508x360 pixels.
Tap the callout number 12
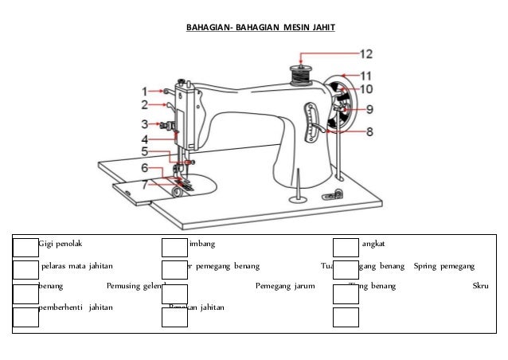(x=365, y=55)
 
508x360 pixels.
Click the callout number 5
(x=145, y=151)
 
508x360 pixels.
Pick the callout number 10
(x=366, y=89)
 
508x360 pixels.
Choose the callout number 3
(x=145, y=123)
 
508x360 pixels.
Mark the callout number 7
(x=145, y=184)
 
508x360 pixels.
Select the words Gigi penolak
(x=64, y=244)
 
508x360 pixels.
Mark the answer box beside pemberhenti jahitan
(x=26, y=316)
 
